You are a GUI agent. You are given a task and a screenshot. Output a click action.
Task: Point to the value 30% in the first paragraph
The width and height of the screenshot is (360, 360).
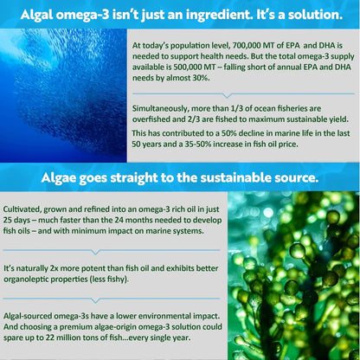[x=200, y=78]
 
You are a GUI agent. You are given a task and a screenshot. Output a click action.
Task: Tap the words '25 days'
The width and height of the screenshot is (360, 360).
[x=16, y=221]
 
